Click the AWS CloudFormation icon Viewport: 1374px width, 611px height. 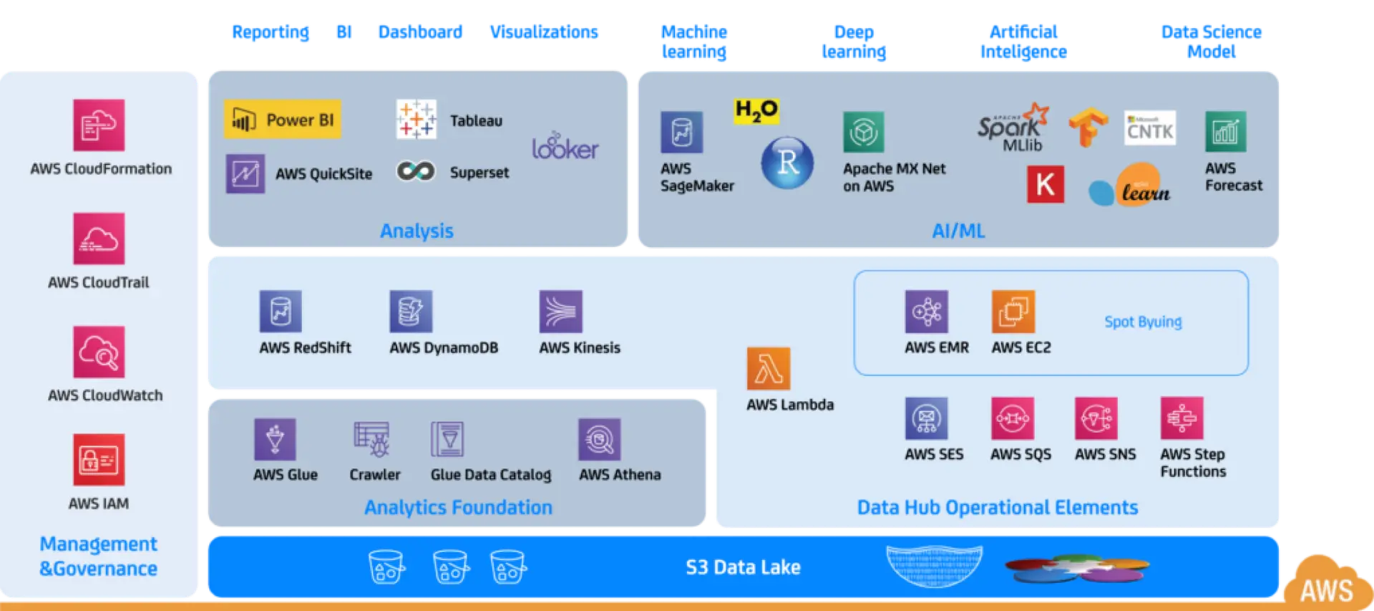pos(99,125)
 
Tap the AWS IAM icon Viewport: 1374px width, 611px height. pos(99,460)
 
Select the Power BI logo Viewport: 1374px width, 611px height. pos(283,120)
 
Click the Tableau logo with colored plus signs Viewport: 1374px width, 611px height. pos(416,119)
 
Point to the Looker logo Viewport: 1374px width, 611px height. pos(565,146)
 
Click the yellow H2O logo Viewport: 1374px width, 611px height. pos(756,110)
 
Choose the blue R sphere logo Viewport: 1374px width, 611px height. pos(787,163)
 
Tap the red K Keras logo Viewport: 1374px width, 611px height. pos(1045,184)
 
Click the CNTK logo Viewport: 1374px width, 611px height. pos(1149,128)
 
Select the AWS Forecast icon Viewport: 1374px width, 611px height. pos(1225,132)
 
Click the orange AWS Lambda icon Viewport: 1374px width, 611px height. pos(768,369)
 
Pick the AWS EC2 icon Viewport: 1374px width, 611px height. pos(1013,312)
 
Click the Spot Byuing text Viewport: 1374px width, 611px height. pos(1143,322)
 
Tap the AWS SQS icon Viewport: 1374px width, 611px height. pos(1012,418)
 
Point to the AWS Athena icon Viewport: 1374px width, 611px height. pos(599,439)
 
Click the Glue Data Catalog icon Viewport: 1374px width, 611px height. pos(448,439)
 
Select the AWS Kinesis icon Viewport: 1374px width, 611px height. pos(560,312)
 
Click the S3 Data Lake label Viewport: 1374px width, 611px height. pos(743,567)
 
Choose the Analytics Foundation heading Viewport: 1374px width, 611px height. pos(458,507)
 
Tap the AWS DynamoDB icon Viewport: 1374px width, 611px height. pos(410,312)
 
